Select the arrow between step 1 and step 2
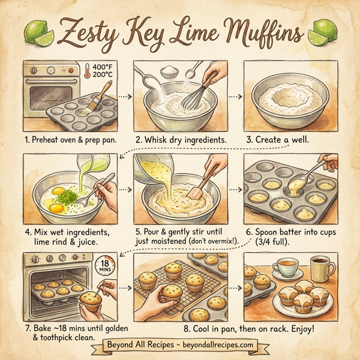tap(122, 95)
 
